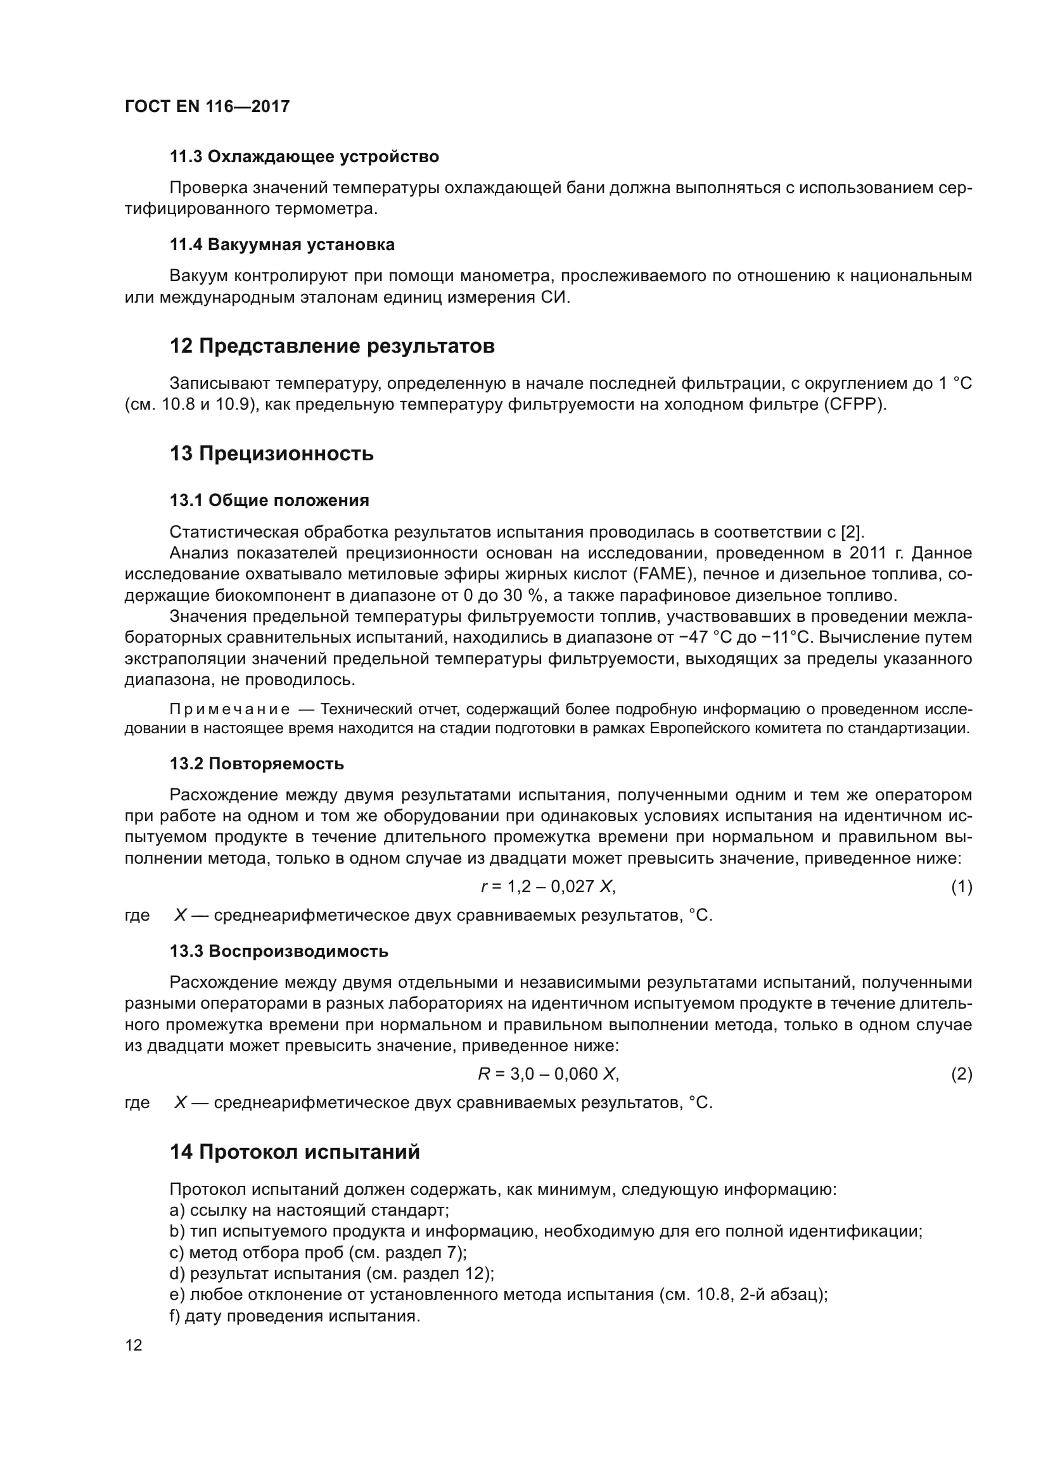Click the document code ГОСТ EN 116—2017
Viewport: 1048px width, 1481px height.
click(207, 106)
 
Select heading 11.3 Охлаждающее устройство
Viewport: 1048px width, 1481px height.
click(304, 157)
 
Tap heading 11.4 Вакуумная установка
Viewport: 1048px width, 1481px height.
click(282, 245)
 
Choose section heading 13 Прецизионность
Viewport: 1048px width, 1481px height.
click(271, 454)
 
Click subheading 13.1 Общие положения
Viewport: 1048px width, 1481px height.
click(269, 501)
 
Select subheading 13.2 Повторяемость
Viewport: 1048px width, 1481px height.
click(256, 764)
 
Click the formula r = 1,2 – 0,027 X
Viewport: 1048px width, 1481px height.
click(549, 887)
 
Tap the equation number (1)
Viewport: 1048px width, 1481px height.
click(961, 888)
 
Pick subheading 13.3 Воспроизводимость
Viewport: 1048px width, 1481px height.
click(279, 952)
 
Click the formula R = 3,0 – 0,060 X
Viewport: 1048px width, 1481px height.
click(549, 1074)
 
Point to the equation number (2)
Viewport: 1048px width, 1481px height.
click(961, 1075)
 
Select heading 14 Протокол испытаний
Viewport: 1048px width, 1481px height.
click(294, 1152)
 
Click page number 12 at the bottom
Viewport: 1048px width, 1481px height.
click(134, 1346)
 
